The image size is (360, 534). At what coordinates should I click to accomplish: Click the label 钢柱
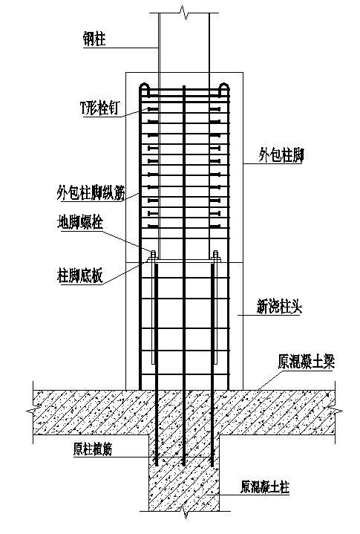click(x=94, y=39)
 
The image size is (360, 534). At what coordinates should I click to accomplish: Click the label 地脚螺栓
click(x=80, y=223)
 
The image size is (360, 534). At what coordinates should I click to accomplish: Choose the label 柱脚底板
click(x=80, y=276)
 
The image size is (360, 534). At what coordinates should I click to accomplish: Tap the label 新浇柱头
click(x=279, y=307)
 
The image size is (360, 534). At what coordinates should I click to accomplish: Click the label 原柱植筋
click(x=93, y=449)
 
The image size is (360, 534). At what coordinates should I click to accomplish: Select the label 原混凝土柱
click(x=265, y=487)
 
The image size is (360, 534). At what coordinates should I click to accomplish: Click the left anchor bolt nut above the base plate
click(x=153, y=255)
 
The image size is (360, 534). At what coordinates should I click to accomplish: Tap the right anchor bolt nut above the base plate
click(x=215, y=255)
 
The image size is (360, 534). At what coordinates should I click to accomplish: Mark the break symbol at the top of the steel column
click(x=184, y=13)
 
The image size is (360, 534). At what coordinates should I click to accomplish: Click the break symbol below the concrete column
click(x=185, y=511)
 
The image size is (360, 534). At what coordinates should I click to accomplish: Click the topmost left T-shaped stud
click(x=153, y=109)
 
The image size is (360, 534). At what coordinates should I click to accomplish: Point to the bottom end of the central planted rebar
click(x=184, y=465)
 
